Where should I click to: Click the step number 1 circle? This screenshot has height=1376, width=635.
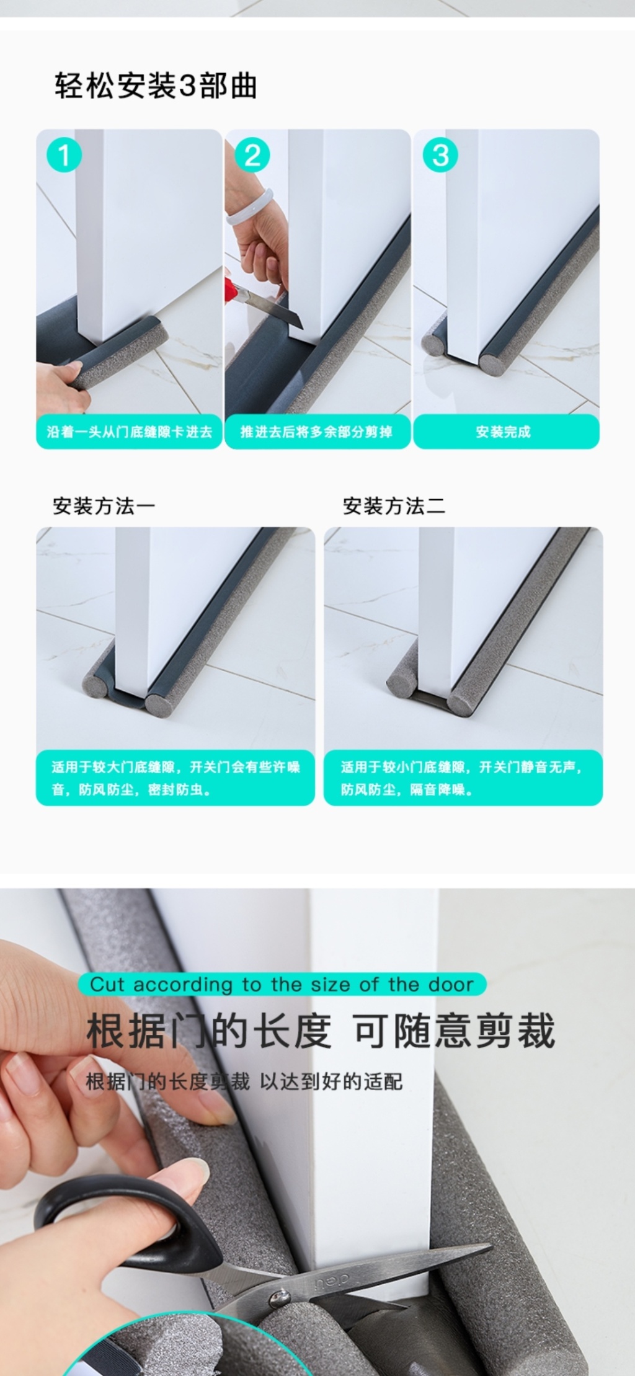click(x=64, y=154)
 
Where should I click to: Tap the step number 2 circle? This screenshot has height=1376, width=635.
click(x=252, y=154)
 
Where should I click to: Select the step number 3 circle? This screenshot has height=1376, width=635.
click(x=440, y=154)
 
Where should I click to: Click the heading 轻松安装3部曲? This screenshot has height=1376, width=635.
click(x=156, y=86)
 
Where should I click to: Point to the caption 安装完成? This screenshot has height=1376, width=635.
click(x=503, y=432)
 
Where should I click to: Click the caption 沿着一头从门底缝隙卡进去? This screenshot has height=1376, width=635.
click(x=129, y=432)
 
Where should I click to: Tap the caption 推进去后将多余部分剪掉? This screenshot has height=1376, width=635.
click(x=316, y=432)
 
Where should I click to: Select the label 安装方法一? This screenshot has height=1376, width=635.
click(x=104, y=507)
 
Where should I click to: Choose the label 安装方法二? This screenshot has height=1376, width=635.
click(x=394, y=507)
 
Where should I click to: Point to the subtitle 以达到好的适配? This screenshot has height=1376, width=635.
click(x=331, y=1082)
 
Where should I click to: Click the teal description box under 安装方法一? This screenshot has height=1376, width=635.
click(x=175, y=778)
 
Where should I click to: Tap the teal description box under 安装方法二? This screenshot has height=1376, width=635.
click(x=463, y=778)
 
